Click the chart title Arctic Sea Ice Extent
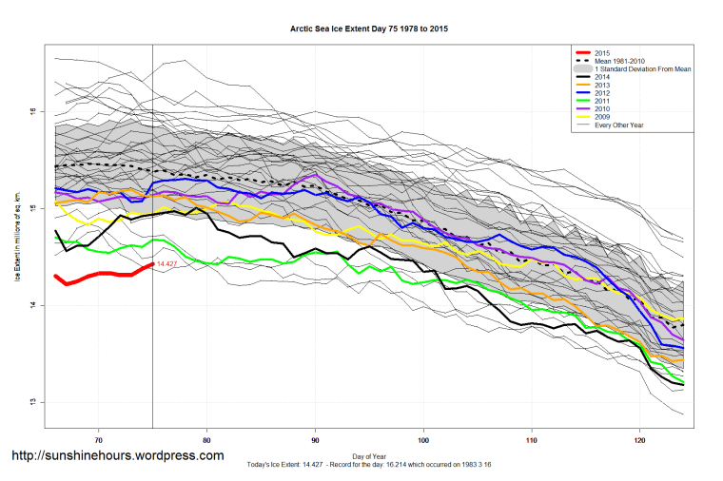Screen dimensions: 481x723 (369, 29)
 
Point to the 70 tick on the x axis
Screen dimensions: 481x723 (99, 440)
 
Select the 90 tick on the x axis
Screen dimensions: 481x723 (315, 440)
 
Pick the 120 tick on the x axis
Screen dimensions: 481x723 (639, 440)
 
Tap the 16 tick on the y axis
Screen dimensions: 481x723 (31, 111)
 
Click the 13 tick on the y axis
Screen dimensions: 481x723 (31, 401)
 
